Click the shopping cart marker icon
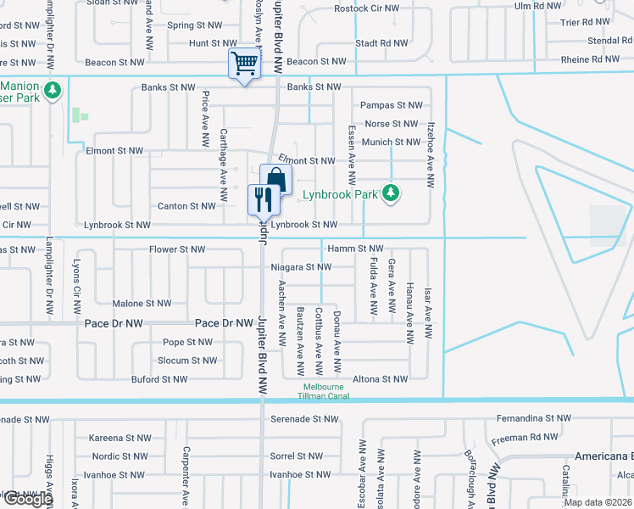click(244, 63)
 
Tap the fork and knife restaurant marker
click(262, 199)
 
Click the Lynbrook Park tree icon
click(391, 194)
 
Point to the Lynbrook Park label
click(340, 194)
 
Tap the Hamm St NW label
click(355, 249)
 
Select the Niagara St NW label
click(301, 266)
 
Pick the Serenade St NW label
click(303, 419)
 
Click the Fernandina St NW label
click(534, 418)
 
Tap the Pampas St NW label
click(391, 105)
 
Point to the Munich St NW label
click(391, 142)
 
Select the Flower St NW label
click(177, 249)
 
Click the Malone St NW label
click(142, 303)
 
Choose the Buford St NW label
click(159, 379)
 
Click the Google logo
click(28, 499)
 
